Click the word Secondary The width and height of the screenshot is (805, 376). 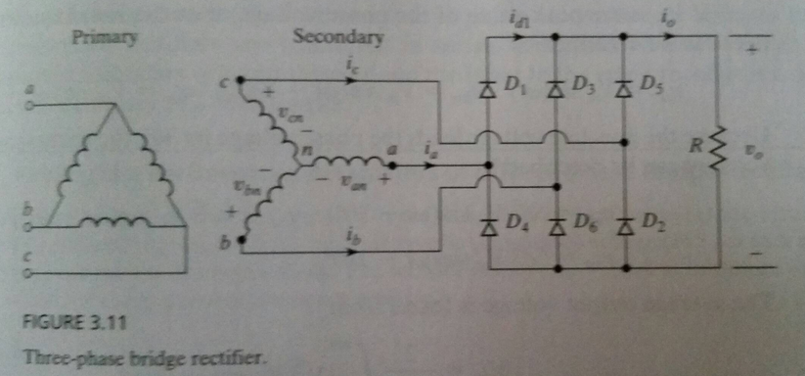[338, 38]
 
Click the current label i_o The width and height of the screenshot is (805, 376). [666, 17]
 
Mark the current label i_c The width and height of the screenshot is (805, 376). [349, 67]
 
